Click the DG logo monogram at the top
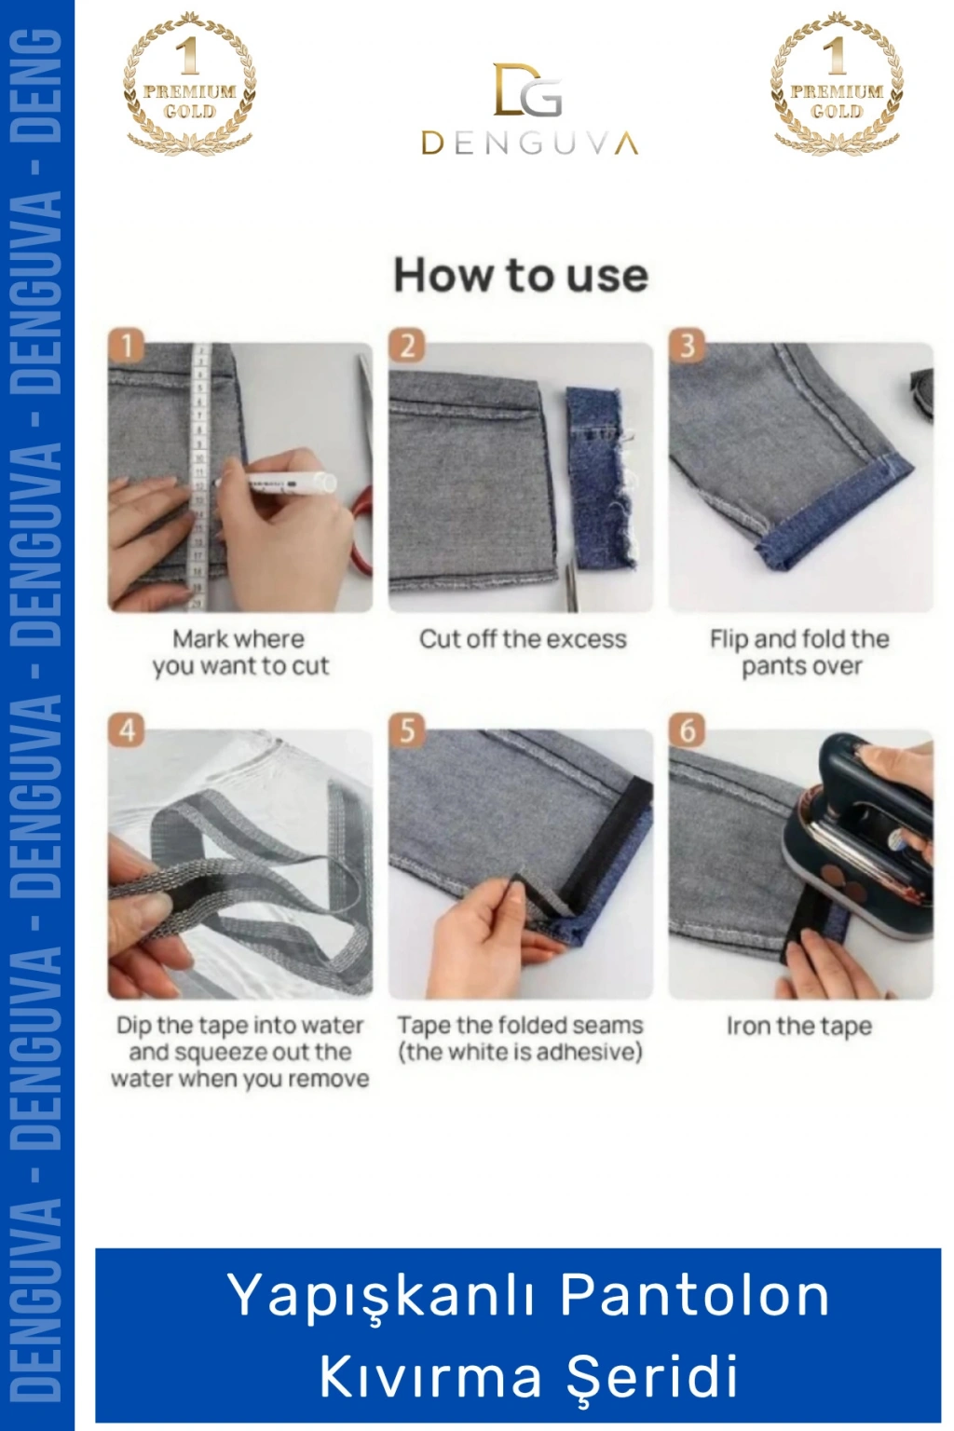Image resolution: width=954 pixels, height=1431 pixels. tap(528, 89)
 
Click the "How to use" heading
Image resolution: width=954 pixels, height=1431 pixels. tap(521, 276)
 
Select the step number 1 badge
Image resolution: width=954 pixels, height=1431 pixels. tap(126, 346)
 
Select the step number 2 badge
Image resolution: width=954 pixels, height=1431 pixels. tap(407, 346)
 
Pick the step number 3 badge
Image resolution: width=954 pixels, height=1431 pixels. tap(687, 346)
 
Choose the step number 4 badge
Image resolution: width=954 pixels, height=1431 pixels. tap(126, 730)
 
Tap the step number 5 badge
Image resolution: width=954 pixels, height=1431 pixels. tap(407, 730)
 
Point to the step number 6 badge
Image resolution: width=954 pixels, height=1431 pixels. tap(687, 730)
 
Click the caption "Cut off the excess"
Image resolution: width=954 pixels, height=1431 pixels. tap(523, 639)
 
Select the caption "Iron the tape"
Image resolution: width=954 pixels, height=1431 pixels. tap(799, 1027)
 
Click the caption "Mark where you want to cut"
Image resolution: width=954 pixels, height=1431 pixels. tap(240, 652)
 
